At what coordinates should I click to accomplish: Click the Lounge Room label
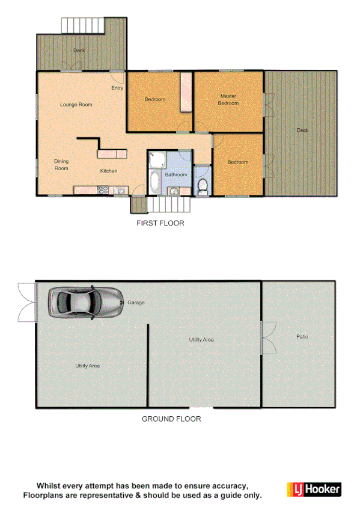coord(76,105)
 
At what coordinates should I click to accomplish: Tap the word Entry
coord(117,88)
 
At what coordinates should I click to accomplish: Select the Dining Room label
coord(61,164)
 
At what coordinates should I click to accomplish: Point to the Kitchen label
coord(109,171)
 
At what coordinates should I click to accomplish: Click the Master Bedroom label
coord(228,99)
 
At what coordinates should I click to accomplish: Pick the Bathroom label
coord(177,174)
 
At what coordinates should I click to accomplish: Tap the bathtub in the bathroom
coord(154,181)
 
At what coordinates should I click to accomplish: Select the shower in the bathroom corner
coord(157,159)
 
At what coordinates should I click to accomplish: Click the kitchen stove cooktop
coord(102,191)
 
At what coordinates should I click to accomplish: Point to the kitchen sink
coord(119,191)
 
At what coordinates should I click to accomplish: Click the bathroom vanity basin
coord(174,191)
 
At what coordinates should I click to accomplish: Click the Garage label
coord(136,303)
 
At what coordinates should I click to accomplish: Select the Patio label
coord(302,336)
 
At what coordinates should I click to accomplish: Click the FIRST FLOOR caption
coord(160,223)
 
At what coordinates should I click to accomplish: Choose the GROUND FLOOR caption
coord(171,419)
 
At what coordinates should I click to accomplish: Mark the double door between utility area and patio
coord(267,337)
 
